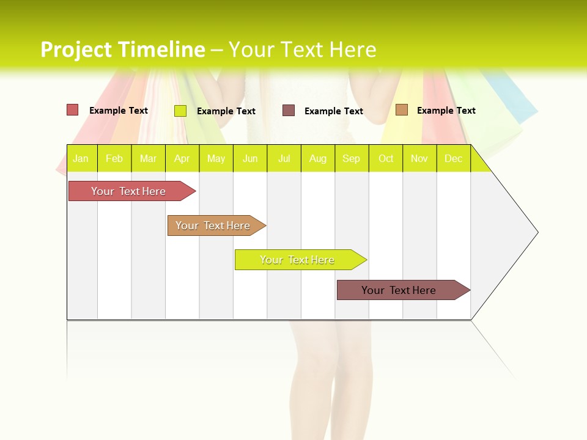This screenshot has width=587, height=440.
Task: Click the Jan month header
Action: (x=81, y=158)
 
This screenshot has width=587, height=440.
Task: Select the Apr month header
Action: (x=182, y=158)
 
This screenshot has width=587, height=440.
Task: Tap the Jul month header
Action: (x=284, y=158)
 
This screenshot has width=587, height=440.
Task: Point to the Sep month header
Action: (x=351, y=158)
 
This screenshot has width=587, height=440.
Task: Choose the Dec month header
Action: (x=453, y=158)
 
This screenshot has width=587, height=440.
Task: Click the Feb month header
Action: (x=114, y=158)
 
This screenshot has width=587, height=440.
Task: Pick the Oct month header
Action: (x=386, y=158)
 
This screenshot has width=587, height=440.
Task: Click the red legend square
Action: (x=72, y=110)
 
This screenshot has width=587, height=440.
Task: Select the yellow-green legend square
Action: (x=180, y=111)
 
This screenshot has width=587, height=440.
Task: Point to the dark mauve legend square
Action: (x=289, y=111)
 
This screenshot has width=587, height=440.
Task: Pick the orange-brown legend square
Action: (x=401, y=110)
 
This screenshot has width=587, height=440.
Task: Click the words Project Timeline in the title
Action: (x=122, y=50)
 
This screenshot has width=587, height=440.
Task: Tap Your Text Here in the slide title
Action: (x=302, y=50)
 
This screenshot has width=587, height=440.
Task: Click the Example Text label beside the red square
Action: (x=119, y=111)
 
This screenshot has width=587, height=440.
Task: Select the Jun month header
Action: (x=250, y=158)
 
